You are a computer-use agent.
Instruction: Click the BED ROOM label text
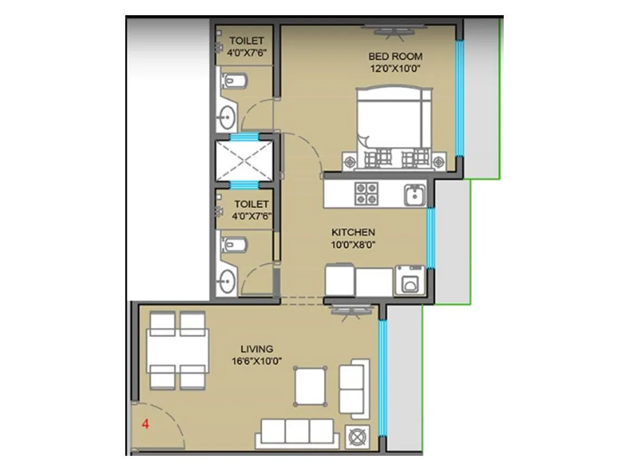pos(395,56)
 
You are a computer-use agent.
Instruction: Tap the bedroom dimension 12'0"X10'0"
pos(395,68)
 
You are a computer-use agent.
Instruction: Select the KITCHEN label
pos(354,232)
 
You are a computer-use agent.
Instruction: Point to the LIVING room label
pos(256,349)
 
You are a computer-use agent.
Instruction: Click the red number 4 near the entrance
pos(145,424)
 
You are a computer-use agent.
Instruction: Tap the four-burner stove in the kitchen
pos(366,194)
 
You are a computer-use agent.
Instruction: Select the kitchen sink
pos(414,194)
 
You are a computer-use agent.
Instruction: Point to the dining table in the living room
pos(177,350)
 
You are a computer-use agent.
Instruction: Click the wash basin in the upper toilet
pos(227,116)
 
